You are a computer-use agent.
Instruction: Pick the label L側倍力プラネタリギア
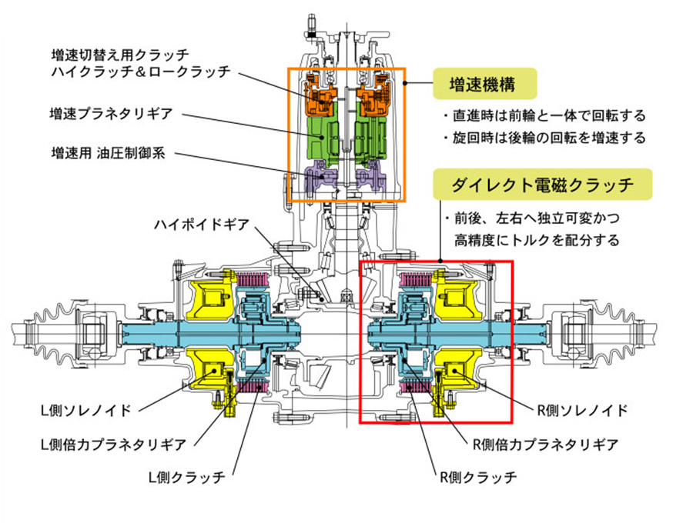point(112,444)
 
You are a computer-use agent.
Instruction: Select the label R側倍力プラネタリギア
point(544,444)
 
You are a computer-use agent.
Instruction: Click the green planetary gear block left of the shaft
point(326,137)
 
